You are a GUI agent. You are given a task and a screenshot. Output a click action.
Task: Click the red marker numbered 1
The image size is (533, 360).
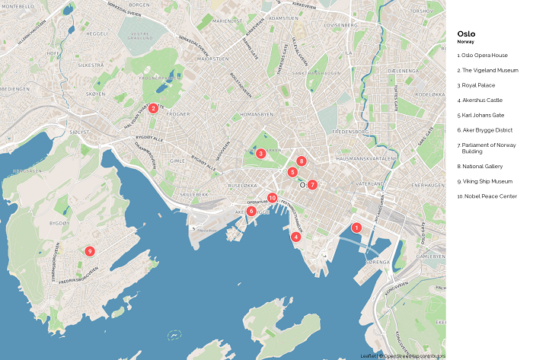[x=356, y=228]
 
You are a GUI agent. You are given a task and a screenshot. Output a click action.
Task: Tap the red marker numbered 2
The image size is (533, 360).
[x=154, y=108]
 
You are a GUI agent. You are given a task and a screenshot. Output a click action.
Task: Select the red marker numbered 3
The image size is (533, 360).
[x=260, y=154]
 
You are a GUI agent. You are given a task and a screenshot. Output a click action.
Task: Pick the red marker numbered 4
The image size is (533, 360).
[x=295, y=237]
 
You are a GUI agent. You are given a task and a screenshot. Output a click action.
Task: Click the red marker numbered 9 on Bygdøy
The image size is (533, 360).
[x=90, y=251]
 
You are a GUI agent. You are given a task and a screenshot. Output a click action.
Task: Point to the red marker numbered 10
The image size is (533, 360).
[x=272, y=198]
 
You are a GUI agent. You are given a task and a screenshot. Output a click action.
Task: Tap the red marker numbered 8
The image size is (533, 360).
[x=302, y=161]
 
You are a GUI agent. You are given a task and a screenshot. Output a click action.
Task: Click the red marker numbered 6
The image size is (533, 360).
[x=251, y=211]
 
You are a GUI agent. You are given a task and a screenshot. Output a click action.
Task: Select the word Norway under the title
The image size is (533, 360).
[x=465, y=42]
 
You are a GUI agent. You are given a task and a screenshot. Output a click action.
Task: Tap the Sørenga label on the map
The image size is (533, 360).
[x=378, y=262]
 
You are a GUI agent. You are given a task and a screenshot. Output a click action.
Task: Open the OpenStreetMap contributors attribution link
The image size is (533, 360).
[x=414, y=356]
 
